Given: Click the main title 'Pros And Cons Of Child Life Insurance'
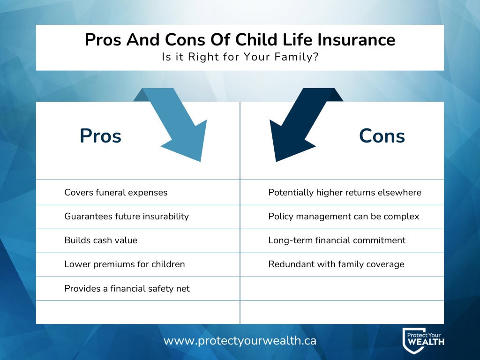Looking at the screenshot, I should [x=240, y=40].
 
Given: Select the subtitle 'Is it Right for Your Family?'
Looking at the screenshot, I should [x=240, y=58].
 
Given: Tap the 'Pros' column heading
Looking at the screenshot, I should [x=100, y=136].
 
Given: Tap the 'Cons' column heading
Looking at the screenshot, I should [x=382, y=136].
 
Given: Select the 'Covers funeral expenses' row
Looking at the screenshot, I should [x=116, y=193].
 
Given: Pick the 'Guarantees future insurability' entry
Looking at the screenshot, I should [x=127, y=217].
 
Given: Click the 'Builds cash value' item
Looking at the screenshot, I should [x=101, y=240].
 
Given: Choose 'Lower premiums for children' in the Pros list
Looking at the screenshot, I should [x=125, y=264].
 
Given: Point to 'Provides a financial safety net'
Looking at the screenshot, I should [x=127, y=289].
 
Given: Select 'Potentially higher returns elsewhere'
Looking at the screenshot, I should [x=345, y=193].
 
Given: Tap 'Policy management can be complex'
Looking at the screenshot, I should [x=344, y=217].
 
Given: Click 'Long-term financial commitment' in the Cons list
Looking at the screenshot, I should [x=337, y=240].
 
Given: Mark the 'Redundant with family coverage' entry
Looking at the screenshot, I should [x=336, y=264].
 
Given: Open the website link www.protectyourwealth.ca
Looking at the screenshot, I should [x=240, y=341].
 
